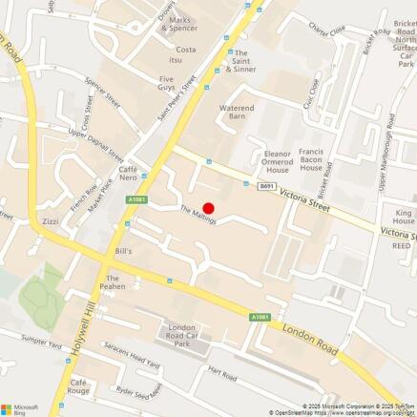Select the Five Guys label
pyautogui.click(x=167, y=84)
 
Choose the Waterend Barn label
pyautogui.click(x=237, y=114)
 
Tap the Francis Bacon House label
pyautogui.click(x=312, y=159)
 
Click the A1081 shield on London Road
pyautogui.click(x=259, y=316)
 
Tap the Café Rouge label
pyautogui.click(x=79, y=386)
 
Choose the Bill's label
pyautogui.click(x=123, y=251)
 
